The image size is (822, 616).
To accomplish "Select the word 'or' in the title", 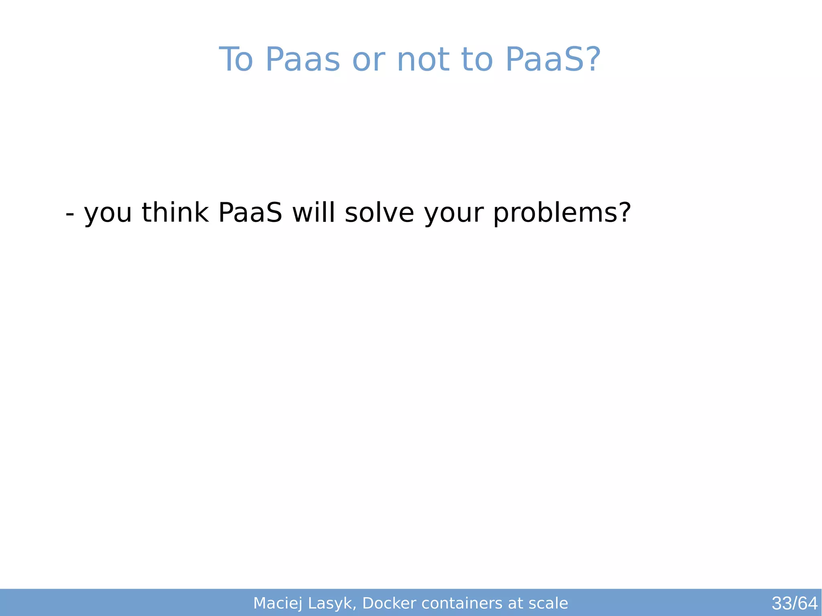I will (x=368, y=60).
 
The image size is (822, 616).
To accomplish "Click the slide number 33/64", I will (x=794, y=603).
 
